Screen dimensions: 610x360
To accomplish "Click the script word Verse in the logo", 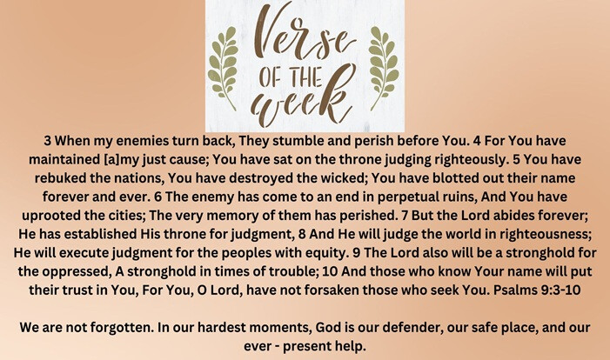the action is pos(305,34).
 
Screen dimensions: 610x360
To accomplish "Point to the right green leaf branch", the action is pos(384,68).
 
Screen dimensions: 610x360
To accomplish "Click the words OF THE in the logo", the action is pos(291,77).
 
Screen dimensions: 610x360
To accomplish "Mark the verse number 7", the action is pos(405,216).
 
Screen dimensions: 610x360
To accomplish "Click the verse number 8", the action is pos(302,234).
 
